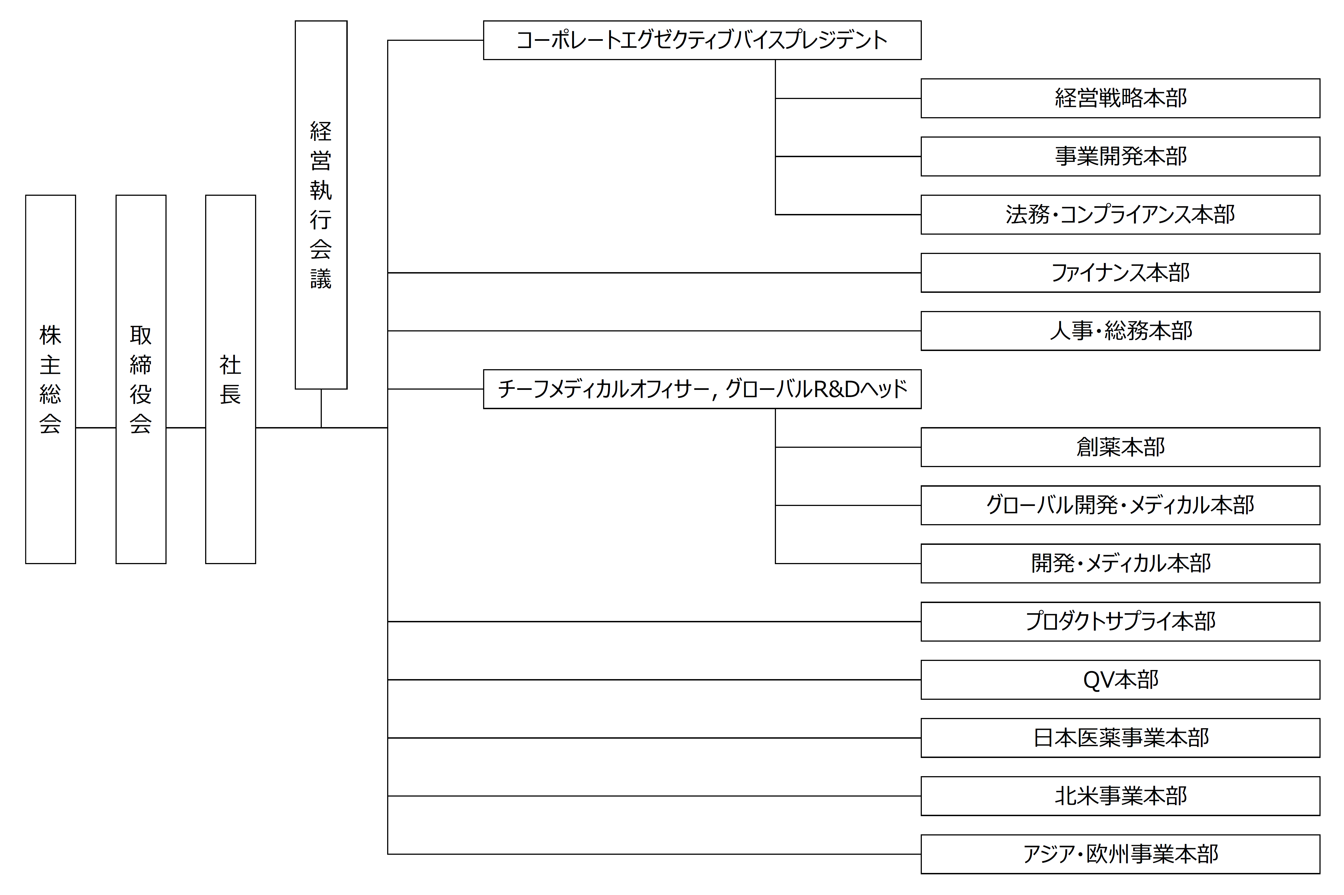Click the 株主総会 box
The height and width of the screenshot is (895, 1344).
[x=50, y=379]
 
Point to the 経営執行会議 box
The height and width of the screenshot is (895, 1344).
[x=321, y=205]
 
